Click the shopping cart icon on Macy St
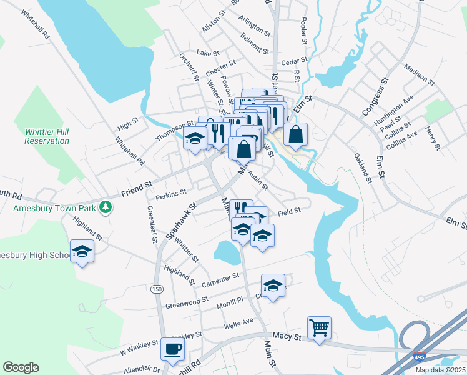pos(319,327)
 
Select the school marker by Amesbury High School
pos(82,251)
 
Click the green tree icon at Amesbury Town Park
pos(106,206)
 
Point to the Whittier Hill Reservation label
pos(47,136)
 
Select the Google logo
pos(21,367)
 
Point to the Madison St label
pos(419,74)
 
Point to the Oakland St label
pos(362,167)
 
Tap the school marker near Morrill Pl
pos(273,286)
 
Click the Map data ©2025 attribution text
pos(440,370)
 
